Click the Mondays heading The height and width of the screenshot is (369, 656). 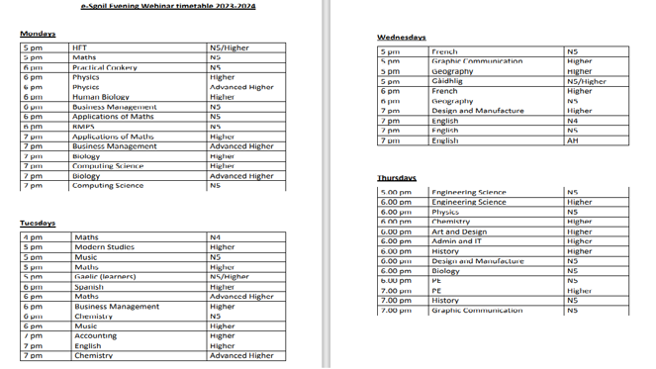click(x=39, y=35)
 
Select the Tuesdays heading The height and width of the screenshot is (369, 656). click(x=39, y=224)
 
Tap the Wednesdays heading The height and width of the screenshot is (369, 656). click(x=401, y=38)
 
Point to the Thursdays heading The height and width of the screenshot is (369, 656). click(x=396, y=178)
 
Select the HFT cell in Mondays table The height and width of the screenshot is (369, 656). click(x=80, y=47)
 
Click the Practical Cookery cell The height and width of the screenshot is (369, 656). click(x=105, y=67)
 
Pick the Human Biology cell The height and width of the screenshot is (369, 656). click(x=101, y=97)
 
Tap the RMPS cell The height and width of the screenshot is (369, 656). click(x=83, y=127)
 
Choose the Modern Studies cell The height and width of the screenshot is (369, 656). click(x=105, y=247)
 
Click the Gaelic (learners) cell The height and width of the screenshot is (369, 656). click(x=106, y=277)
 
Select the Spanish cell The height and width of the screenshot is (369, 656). click(x=89, y=287)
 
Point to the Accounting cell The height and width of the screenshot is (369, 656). click(x=96, y=336)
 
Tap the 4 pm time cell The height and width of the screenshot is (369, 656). click(x=33, y=237)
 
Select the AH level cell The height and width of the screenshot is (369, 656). click(x=572, y=140)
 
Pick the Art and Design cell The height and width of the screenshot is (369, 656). click(x=459, y=231)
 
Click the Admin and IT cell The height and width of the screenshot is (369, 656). click(x=457, y=241)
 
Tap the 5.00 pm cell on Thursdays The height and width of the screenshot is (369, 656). click(x=396, y=192)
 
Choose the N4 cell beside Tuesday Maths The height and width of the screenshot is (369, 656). click(x=216, y=237)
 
